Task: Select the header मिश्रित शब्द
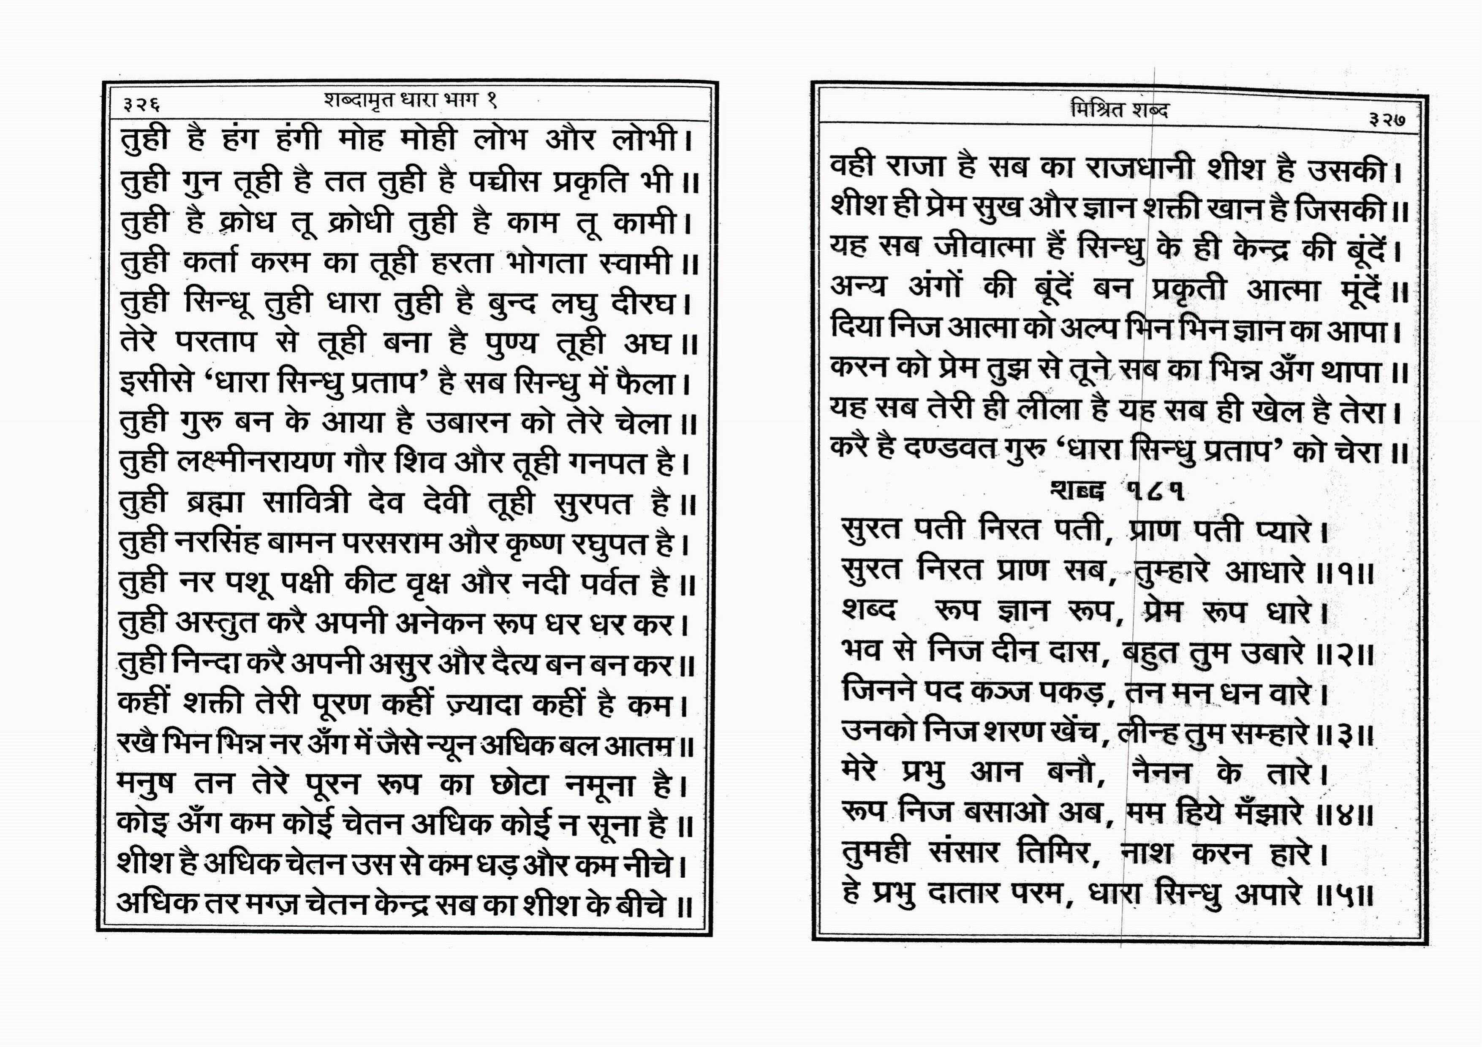(x=1119, y=110)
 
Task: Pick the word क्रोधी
(x=359, y=222)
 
